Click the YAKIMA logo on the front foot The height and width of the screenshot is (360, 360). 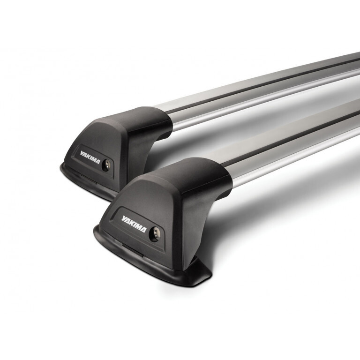click(134, 220)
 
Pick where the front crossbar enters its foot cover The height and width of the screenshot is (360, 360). click(230, 180)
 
